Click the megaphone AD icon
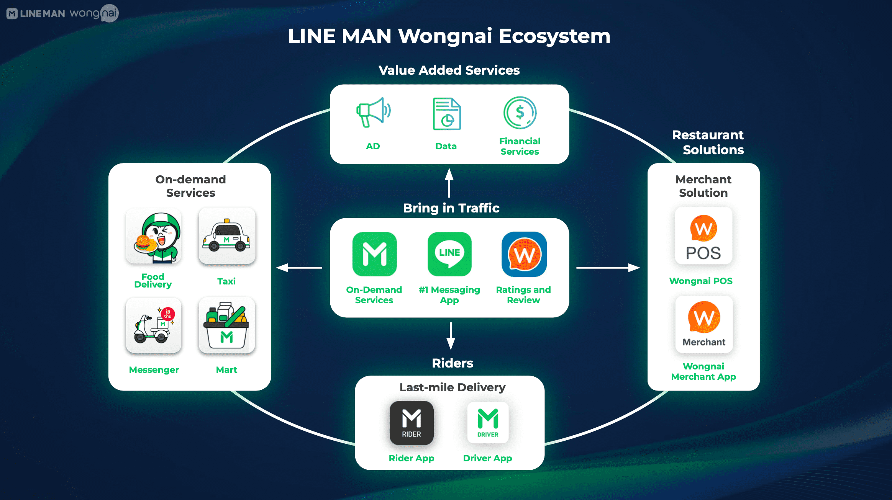[x=373, y=112]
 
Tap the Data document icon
[x=447, y=114]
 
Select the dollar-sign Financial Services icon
[x=520, y=113]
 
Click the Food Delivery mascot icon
[x=154, y=236]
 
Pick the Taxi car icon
[x=227, y=236]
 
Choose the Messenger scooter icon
[x=154, y=325]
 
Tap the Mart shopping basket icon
[x=227, y=325]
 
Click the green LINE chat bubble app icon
[x=449, y=254]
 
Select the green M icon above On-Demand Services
[x=374, y=254]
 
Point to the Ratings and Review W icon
[x=524, y=254]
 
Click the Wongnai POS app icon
[x=703, y=236]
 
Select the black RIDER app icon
[x=412, y=423]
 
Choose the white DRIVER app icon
[x=488, y=423]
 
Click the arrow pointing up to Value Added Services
[x=449, y=183]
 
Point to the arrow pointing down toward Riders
[x=451, y=336]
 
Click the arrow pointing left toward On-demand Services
[x=299, y=268]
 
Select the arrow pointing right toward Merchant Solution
[x=608, y=268]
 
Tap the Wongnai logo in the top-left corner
[x=94, y=13]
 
